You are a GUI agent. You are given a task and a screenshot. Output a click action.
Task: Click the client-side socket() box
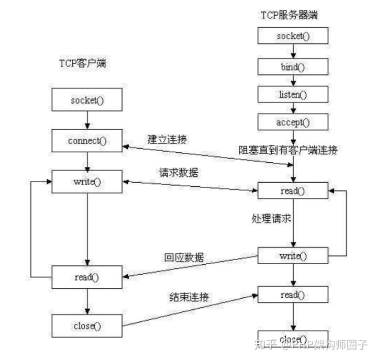[x=87, y=99]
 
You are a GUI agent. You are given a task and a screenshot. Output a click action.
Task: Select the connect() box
[x=87, y=141]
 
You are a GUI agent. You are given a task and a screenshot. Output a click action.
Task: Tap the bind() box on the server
[x=293, y=67]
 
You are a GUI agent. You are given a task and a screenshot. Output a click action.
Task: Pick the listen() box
[x=293, y=94]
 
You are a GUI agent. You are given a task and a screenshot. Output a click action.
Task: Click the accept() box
[x=293, y=122]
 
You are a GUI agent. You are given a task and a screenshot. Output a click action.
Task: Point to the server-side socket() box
[x=293, y=36]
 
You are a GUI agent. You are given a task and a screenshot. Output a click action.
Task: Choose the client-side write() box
[x=87, y=182]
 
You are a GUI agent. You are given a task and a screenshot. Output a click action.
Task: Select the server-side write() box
[x=293, y=256]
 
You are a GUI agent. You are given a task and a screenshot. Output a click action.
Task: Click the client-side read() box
[x=87, y=276]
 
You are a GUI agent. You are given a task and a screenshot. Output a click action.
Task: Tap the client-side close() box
[x=87, y=325]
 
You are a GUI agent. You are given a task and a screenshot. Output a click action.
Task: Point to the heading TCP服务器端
[x=289, y=15]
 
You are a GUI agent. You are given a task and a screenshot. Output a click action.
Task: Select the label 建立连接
[x=167, y=140]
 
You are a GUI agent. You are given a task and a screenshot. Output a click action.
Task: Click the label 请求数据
[x=179, y=173]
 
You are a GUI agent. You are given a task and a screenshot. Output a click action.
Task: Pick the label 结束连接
[x=188, y=297]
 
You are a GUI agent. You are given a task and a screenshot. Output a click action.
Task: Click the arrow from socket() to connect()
[x=87, y=120]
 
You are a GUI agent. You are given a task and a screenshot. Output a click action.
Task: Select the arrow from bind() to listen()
[x=293, y=81]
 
